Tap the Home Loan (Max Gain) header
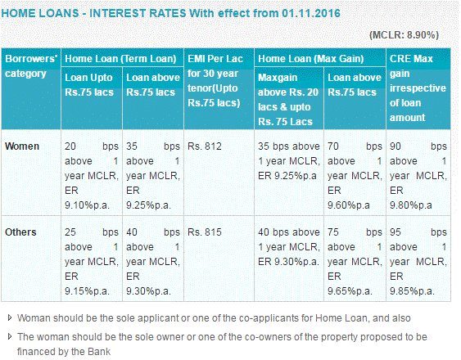tap(304, 58)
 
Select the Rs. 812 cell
tap(205, 146)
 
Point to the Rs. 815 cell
tap(205, 232)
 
